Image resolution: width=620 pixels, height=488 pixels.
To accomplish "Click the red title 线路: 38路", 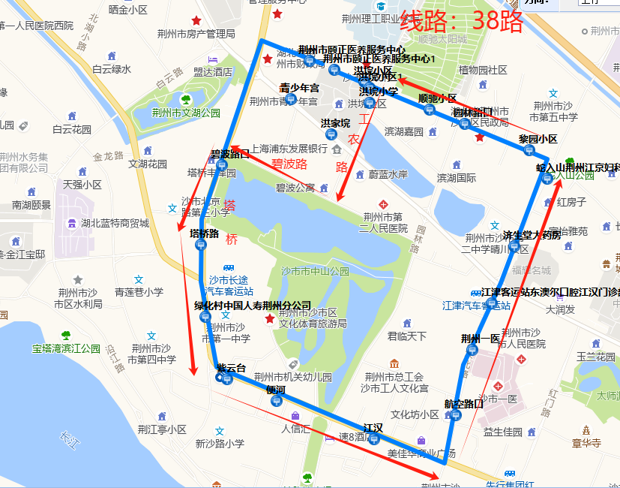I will pyautogui.click(x=461, y=22).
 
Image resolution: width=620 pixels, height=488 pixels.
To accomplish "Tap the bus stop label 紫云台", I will pyautogui.click(x=231, y=368).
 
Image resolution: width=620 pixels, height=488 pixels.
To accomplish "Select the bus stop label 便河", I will pyautogui.click(x=275, y=390).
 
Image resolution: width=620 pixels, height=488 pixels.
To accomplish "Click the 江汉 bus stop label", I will pyautogui.click(x=373, y=428).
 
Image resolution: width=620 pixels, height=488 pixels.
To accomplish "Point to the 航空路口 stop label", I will pyautogui.click(x=463, y=403).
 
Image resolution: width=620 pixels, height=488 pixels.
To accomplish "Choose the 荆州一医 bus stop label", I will pyautogui.click(x=481, y=339).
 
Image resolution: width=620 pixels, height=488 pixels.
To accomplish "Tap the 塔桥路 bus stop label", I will pyautogui.click(x=204, y=233).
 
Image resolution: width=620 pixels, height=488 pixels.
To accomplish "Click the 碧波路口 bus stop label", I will pyautogui.click(x=229, y=155).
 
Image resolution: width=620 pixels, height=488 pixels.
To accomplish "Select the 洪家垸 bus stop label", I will pyautogui.click(x=335, y=122).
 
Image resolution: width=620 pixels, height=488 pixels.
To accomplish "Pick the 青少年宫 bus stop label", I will pyautogui.click(x=299, y=88).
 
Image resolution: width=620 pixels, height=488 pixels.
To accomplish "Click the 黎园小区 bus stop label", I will pyautogui.click(x=538, y=139).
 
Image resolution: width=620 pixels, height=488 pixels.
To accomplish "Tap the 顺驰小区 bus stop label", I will pyautogui.click(x=437, y=98).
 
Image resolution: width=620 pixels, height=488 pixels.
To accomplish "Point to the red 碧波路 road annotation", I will pyautogui.click(x=289, y=163).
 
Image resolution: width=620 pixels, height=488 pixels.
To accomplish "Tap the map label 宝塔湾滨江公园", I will pyautogui.click(x=66, y=348).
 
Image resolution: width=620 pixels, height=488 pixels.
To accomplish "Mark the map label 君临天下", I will pyautogui.click(x=406, y=336).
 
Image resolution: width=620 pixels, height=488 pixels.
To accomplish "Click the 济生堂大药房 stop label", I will pyautogui.click(x=532, y=234).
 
